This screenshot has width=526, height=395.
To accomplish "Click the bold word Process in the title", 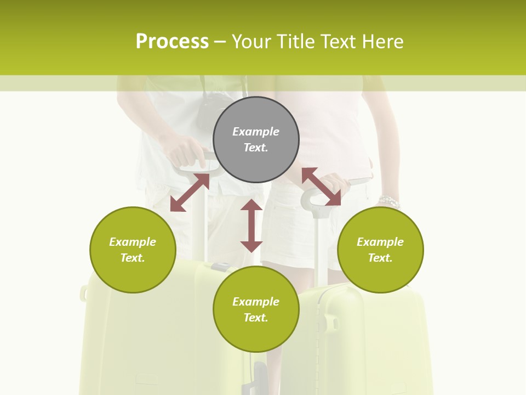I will pyautogui.click(x=172, y=42).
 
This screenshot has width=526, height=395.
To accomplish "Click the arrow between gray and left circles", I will pyautogui.click(x=190, y=193).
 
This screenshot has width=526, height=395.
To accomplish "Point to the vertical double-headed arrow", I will pyautogui.click(x=251, y=225).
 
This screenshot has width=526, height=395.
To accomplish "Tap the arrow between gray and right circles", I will pyautogui.click(x=321, y=187).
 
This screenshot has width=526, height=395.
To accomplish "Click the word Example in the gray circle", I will pyautogui.click(x=256, y=132).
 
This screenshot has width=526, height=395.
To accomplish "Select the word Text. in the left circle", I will pyautogui.click(x=133, y=258).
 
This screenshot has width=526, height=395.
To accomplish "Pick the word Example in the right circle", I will pyautogui.click(x=380, y=242).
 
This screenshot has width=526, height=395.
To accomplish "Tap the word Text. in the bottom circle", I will pyautogui.click(x=256, y=318).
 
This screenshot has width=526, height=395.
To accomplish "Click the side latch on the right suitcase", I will pyautogui.click(x=331, y=322).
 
